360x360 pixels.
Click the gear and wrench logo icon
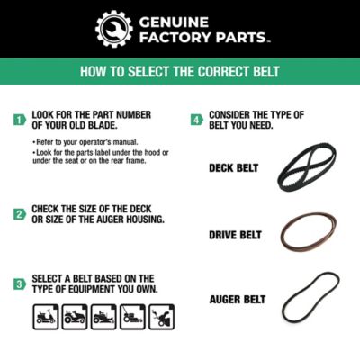tap(113, 29)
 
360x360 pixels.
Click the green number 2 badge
tap(19, 214)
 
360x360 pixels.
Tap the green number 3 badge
tap(19, 283)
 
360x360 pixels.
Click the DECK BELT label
tap(235, 167)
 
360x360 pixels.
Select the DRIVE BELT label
tap(235, 235)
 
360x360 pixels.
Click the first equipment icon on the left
tap(44, 316)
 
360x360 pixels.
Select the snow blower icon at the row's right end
tap(161, 316)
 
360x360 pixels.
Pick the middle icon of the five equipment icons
tap(103, 316)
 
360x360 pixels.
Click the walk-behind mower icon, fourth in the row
tap(132, 316)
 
